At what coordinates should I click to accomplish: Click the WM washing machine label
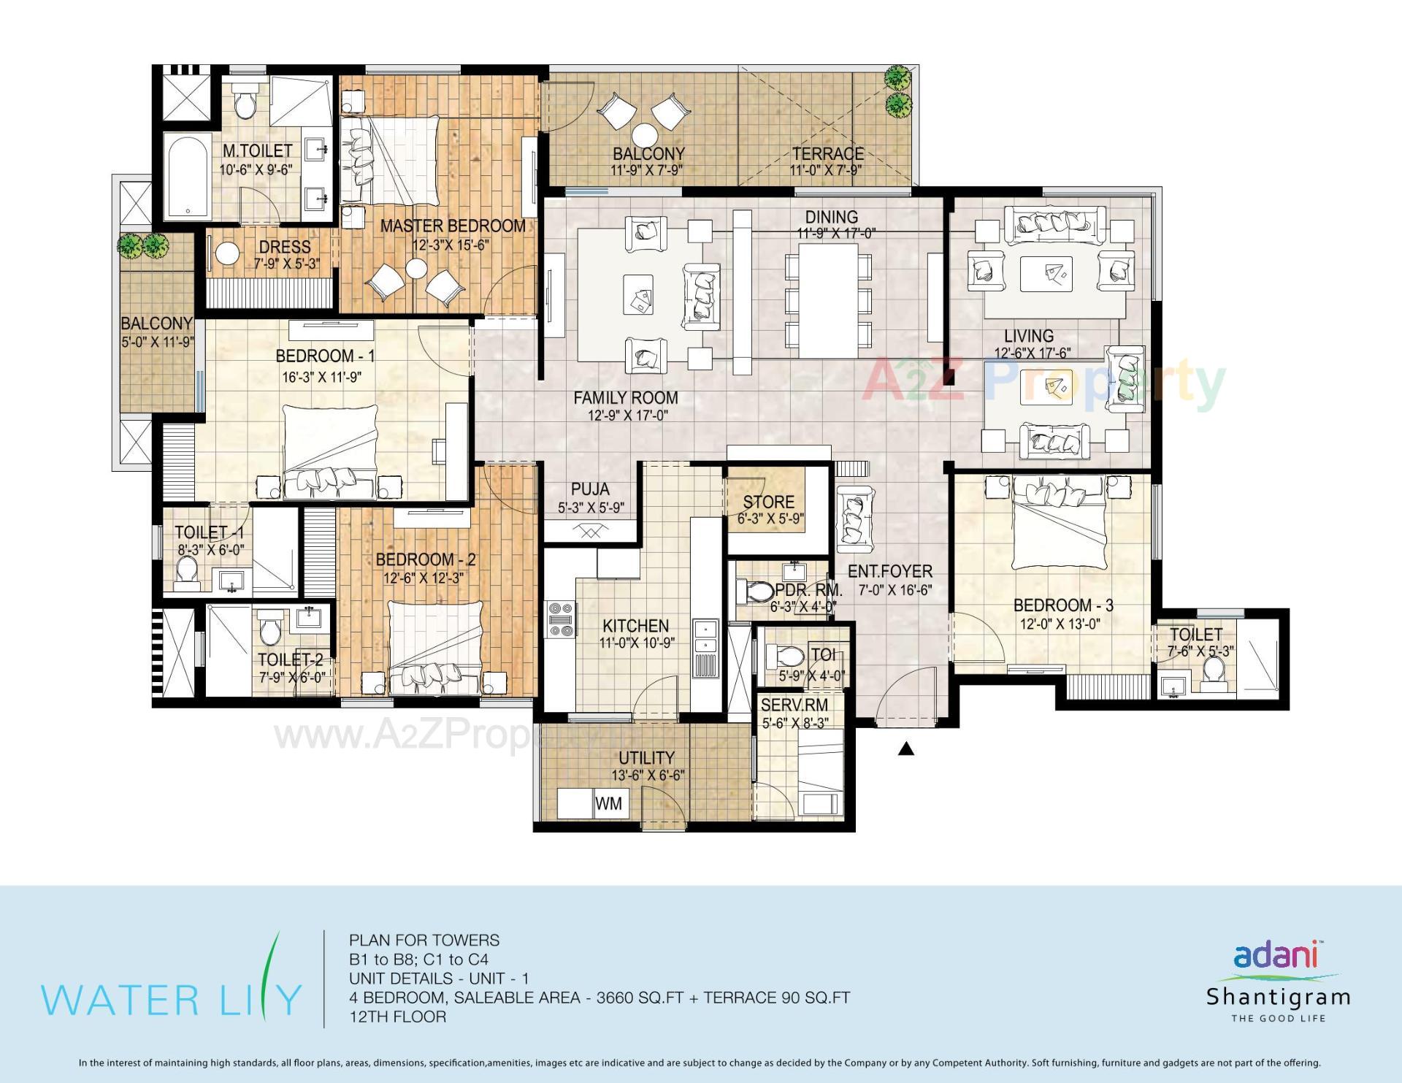click(x=608, y=803)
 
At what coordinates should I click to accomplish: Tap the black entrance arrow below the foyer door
click(x=905, y=749)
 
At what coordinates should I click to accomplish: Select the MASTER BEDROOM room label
click(x=452, y=226)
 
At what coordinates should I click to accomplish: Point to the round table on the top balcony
click(x=646, y=135)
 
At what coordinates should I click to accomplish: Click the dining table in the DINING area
click(x=828, y=300)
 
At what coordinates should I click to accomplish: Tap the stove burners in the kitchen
click(x=561, y=619)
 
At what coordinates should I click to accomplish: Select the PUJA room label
click(x=590, y=489)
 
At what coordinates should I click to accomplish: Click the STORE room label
click(x=768, y=502)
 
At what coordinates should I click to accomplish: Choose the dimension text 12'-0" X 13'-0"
click(x=1060, y=624)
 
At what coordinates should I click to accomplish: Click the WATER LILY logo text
click(x=171, y=998)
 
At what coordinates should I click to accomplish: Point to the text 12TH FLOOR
click(x=397, y=1017)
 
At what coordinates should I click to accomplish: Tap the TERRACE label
click(x=827, y=154)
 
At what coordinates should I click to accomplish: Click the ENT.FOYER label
click(x=889, y=572)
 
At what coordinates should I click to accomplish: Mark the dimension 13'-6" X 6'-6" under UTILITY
click(x=648, y=776)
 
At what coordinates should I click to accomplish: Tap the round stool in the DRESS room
click(x=228, y=255)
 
